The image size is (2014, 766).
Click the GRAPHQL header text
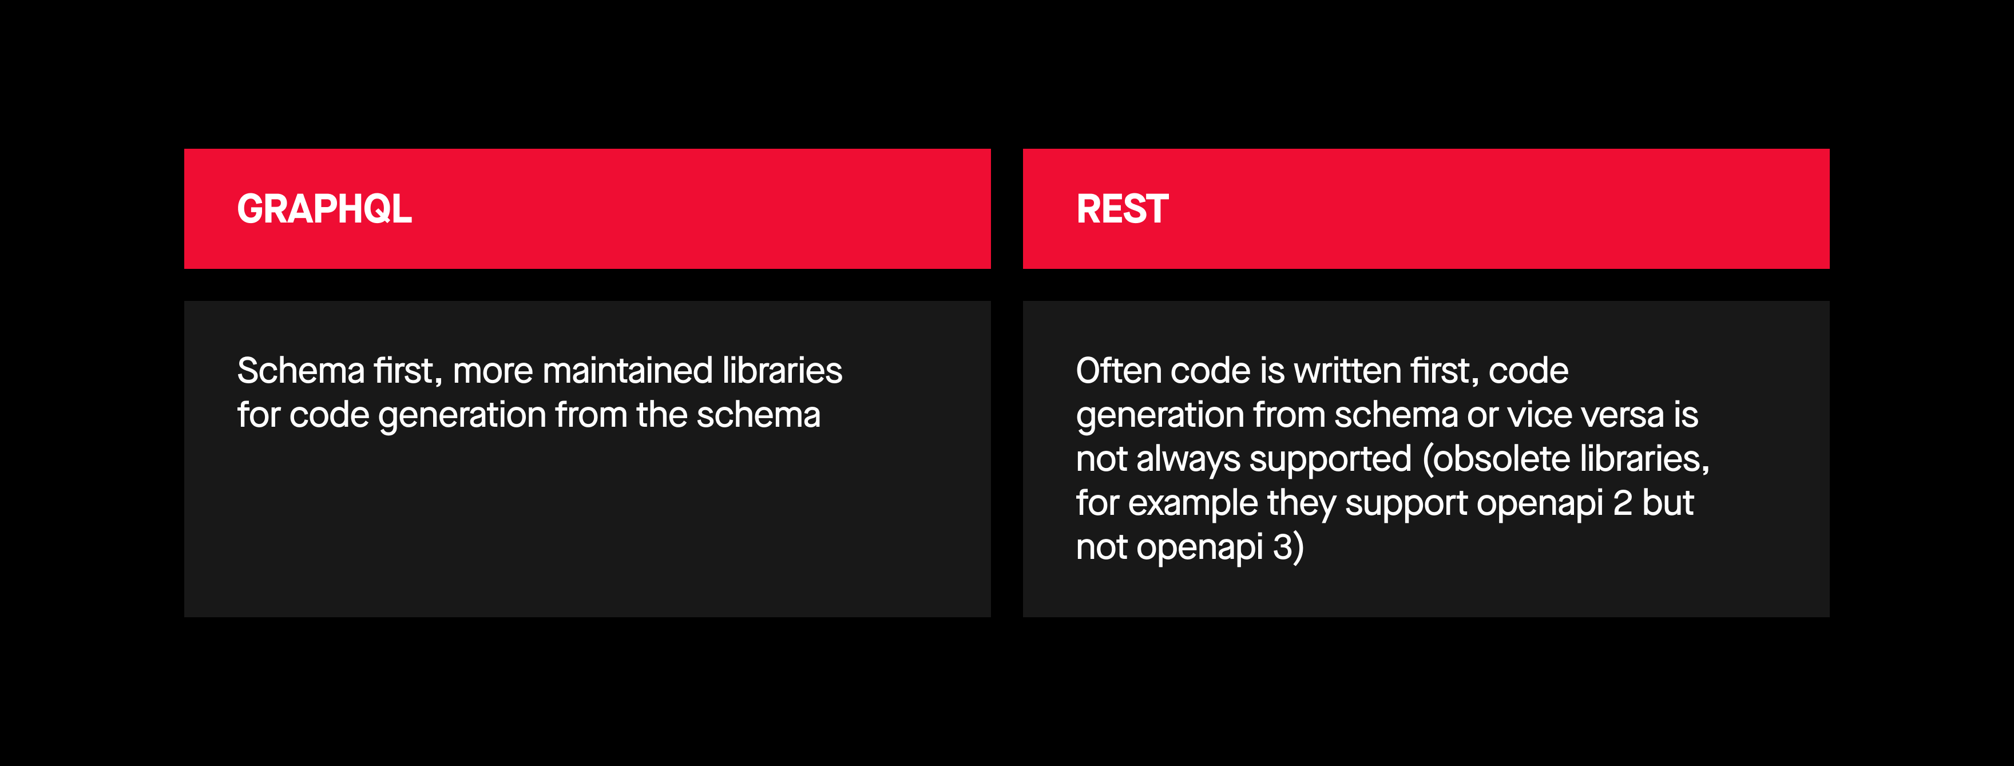coord(324,209)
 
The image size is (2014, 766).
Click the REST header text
coord(1122,209)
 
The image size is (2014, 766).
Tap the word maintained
coord(628,371)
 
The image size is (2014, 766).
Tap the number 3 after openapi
coord(1283,546)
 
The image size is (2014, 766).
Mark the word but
coord(1668,503)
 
